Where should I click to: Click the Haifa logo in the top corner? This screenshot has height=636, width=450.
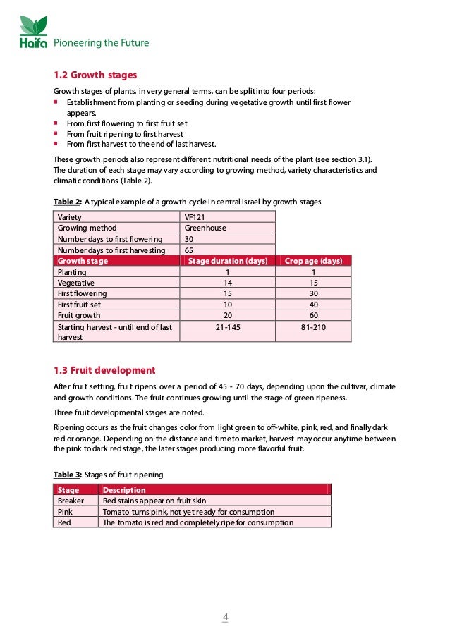pyautogui.click(x=33, y=32)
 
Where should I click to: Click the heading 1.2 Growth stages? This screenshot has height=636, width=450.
pyautogui.click(x=95, y=75)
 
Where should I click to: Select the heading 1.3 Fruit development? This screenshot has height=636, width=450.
pyautogui.click(x=104, y=370)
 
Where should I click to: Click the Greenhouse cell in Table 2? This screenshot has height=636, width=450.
pyautogui.click(x=205, y=228)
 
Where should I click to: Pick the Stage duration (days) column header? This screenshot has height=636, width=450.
pyautogui.click(x=228, y=261)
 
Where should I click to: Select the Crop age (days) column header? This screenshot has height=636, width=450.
pyautogui.click(x=313, y=261)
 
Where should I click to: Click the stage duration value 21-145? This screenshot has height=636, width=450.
pyautogui.click(x=228, y=327)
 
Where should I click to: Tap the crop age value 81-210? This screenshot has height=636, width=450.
pyautogui.click(x=313, y=327)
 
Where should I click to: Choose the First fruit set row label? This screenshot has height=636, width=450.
pyautogui.click(x=79, y=305)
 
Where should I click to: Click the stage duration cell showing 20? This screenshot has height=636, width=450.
pyautogui.click(x=228, y=315)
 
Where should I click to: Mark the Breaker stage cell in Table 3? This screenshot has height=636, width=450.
pyautogui.click(x=71, y=501)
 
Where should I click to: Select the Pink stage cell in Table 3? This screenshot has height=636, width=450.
pyautogui.click(x=65, y=512)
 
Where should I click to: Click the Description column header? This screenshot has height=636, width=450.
pyautogui.click(x=124, y=490)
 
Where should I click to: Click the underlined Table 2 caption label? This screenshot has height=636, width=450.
pyautogui.click(x=68, y=202)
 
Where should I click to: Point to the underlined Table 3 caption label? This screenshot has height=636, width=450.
pyautogui.click(x=68, y=475)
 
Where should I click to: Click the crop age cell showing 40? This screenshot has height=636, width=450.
pyautogui.click(x=313, y=305)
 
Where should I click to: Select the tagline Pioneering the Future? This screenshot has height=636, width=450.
pyautogui.click(x=102, y=43)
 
